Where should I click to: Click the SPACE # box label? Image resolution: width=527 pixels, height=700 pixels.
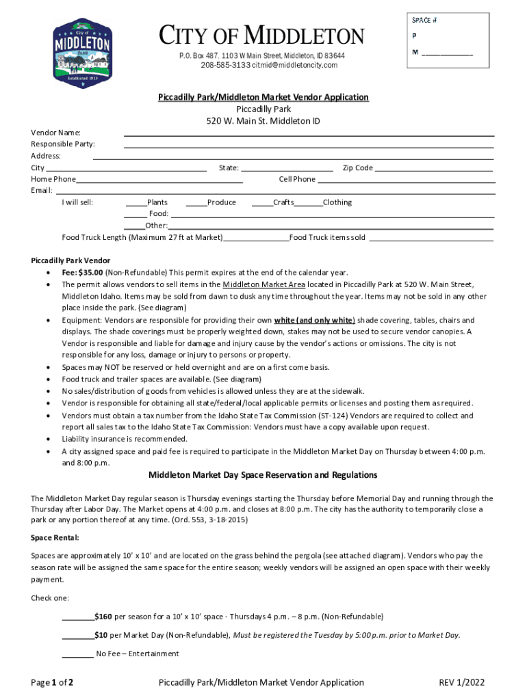click(424, 20)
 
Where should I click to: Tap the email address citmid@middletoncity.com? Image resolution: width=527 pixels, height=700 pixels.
click(295, 65)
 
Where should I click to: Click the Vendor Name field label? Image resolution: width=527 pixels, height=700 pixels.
click(56, 132)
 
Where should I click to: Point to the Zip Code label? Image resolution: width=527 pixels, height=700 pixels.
click(357, 168)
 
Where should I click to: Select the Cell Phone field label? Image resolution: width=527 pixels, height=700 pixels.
click(297, 179)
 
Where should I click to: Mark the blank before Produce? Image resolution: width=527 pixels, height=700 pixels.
click(196, 203)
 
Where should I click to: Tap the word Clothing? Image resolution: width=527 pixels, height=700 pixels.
click(337, 202)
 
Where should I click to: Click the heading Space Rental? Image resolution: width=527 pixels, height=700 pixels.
click(55, 537)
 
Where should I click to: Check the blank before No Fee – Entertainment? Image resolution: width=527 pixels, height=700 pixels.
click(78, 654)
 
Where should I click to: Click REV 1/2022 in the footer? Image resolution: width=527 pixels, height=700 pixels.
click(466, 682)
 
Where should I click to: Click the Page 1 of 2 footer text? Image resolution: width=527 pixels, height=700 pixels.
click(52, 682)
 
